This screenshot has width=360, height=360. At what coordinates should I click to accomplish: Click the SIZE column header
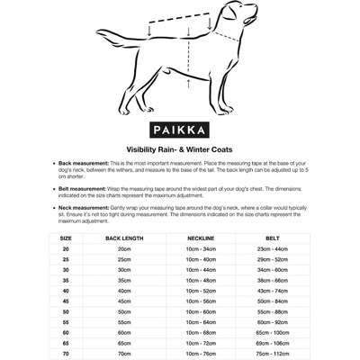[66, 238]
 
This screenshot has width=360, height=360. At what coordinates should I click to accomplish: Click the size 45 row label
[66, 301]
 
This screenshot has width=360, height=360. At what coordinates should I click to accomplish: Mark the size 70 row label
[66, 354]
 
